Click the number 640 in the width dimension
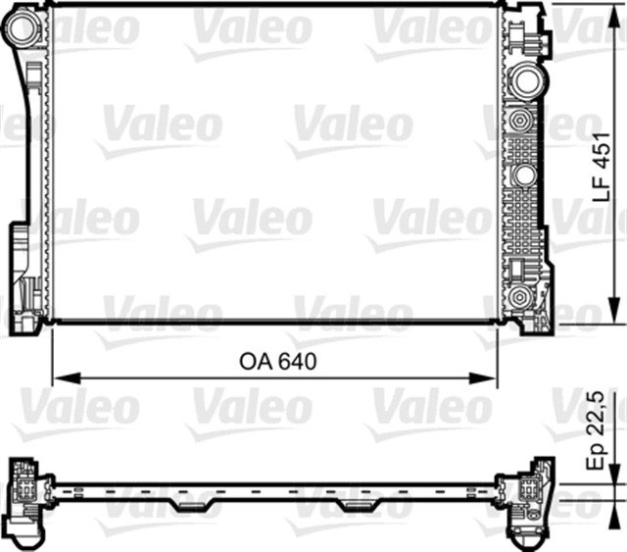pos(298,362)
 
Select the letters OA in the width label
pos(255,362)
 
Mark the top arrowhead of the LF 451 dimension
pos(614,13)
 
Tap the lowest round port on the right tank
pos(520,297)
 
